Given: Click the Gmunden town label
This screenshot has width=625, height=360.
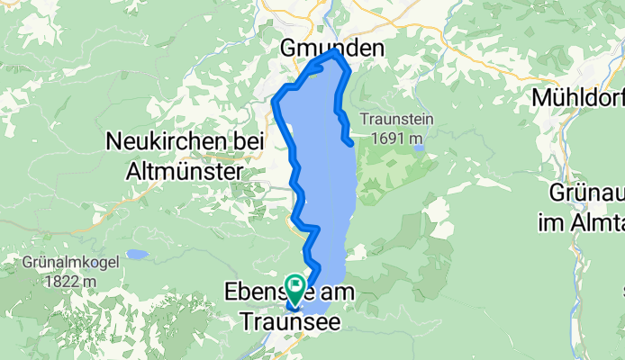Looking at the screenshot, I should pos(332,47).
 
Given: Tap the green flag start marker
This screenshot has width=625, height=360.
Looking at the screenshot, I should pos(295,287).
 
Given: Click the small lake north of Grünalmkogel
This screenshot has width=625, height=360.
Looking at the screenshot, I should pos(138,255).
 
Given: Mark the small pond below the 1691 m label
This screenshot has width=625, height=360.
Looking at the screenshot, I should pos(419,148).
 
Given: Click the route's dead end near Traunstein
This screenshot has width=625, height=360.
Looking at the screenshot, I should pos(349,142).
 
